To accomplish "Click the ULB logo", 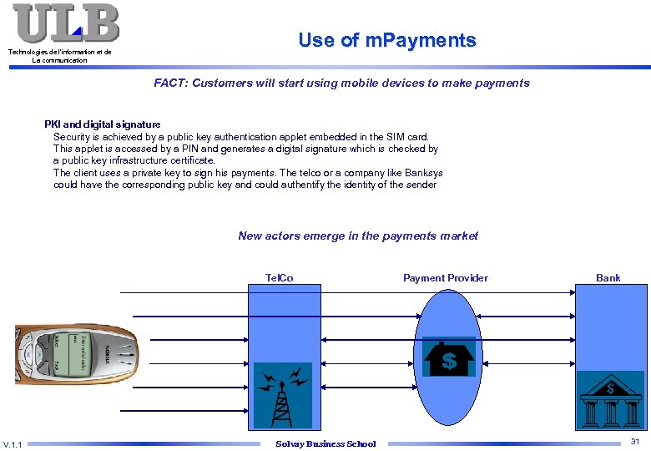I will pos(66,23).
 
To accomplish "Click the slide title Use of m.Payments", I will pos(387,40).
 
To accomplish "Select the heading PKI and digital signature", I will pos(103,124).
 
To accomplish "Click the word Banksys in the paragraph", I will pos(422,173).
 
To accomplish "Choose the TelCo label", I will pos(279,278).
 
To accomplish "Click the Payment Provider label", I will pos(445,278).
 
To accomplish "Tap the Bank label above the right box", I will pos(608,278).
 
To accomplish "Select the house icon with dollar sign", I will pos(449,357).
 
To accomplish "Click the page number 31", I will pos(634,441).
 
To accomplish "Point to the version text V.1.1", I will pos(13,443).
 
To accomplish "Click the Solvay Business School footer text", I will pos(325,443).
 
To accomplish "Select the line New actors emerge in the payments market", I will pos(358,236).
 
